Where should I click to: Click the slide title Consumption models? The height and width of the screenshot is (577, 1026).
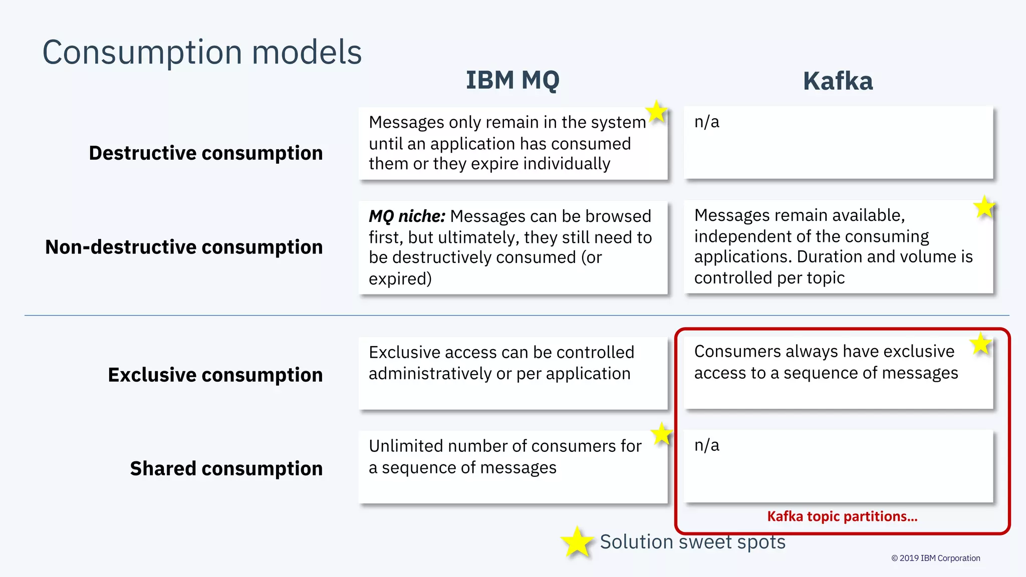(202, 52)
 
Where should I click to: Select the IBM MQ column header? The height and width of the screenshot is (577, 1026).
(512, 80)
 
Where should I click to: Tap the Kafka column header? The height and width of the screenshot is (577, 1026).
(838, 81)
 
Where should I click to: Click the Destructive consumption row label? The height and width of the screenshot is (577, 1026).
(205, 153)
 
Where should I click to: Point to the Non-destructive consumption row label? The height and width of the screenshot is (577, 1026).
(184, 247)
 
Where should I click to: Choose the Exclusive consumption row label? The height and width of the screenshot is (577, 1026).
(215, 375)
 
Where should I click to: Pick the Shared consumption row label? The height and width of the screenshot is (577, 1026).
(226, 468)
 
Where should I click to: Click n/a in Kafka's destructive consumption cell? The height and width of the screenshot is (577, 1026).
(706, 122)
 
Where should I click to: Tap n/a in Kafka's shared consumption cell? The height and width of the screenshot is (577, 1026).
(706, 445)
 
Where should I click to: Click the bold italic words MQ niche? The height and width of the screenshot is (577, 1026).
(406, 216)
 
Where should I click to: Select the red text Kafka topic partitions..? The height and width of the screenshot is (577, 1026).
(842, 516)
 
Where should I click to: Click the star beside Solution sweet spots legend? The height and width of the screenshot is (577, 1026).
(577, 542)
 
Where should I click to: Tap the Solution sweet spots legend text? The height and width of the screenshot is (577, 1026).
(692, 542)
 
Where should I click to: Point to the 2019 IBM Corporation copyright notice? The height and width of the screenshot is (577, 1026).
(935, 558)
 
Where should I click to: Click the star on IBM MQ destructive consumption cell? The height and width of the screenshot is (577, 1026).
(656, 111)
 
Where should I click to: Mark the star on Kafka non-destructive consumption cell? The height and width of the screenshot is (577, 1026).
(984, 207)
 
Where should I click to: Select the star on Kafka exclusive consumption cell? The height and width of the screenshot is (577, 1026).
(980, 344)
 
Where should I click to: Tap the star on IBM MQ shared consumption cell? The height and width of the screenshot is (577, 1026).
(662, 434)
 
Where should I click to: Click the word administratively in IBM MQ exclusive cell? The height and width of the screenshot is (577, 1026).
(425, 374)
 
